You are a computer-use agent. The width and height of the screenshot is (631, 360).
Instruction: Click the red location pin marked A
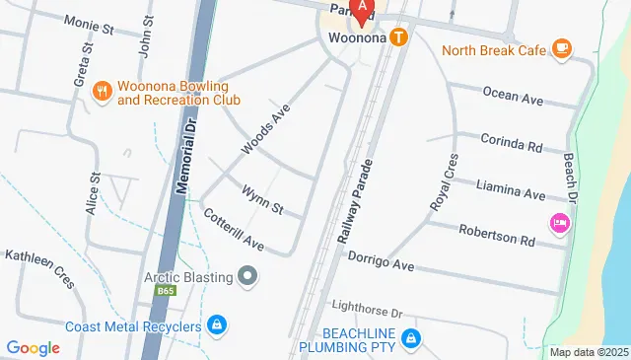[x=362, y=10]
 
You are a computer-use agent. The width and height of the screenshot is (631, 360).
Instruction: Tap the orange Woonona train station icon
[x=398, y=38]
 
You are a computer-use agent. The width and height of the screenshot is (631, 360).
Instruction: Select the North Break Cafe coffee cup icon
[x=561, y=47]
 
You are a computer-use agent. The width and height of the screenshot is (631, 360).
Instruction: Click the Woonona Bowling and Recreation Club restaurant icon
[x=101, y=92]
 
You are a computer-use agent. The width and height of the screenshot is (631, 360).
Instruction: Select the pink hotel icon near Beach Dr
[x=560, y=223]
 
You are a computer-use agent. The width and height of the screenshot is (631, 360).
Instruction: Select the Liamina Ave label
[x=511, y=189]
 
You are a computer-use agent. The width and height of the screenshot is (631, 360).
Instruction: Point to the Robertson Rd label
[x=499, y=235]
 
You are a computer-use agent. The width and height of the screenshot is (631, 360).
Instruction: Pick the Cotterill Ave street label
[x=234, y=229]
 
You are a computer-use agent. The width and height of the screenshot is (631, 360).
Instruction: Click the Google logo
[x=33, y=347]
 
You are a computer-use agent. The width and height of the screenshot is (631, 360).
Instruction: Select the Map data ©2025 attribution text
[x=589, y=352]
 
